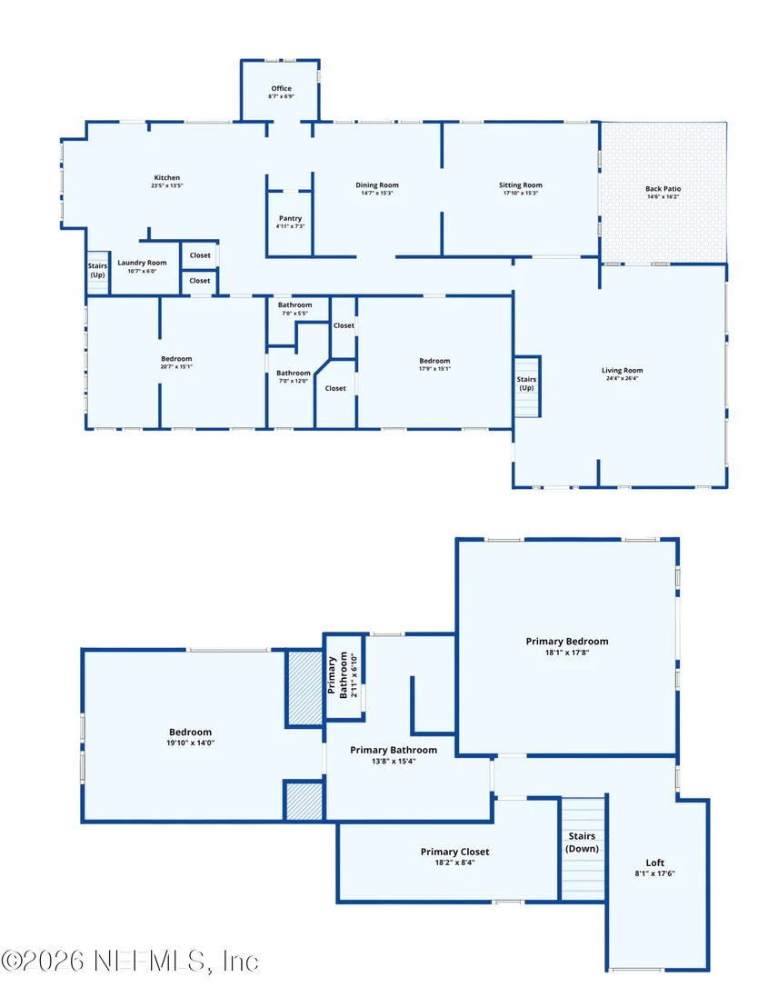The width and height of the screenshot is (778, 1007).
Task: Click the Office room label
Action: click(x=282, y=89)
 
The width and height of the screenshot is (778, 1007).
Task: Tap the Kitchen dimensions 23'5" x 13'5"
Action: click(x=167, y=185)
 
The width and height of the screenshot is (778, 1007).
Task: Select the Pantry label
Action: click(x=290, y=218)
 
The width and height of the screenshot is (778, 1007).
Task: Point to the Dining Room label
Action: click(x=377, y=185)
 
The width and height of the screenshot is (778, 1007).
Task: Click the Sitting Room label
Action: click(x=521, y=185)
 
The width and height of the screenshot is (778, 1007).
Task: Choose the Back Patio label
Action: click(x=663, y=189)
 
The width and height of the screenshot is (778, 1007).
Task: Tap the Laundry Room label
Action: click(x=142, y=263)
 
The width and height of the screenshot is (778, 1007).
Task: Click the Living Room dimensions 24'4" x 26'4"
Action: click(x=622, y=378)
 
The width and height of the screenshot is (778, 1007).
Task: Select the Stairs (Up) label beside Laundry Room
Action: click(x=97, y=270)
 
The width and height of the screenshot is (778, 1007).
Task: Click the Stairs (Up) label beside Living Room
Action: click(x=526, y=384)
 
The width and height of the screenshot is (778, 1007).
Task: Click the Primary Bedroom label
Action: click(x=567, y=641)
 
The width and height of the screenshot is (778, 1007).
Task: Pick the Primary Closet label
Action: click(x=454, y=852)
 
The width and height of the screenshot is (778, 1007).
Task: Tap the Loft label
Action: click(x=654, y=862)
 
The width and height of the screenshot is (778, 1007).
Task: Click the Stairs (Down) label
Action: click(x=582, y=842)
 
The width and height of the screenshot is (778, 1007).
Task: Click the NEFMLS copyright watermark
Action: click(x=130, y=962)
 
